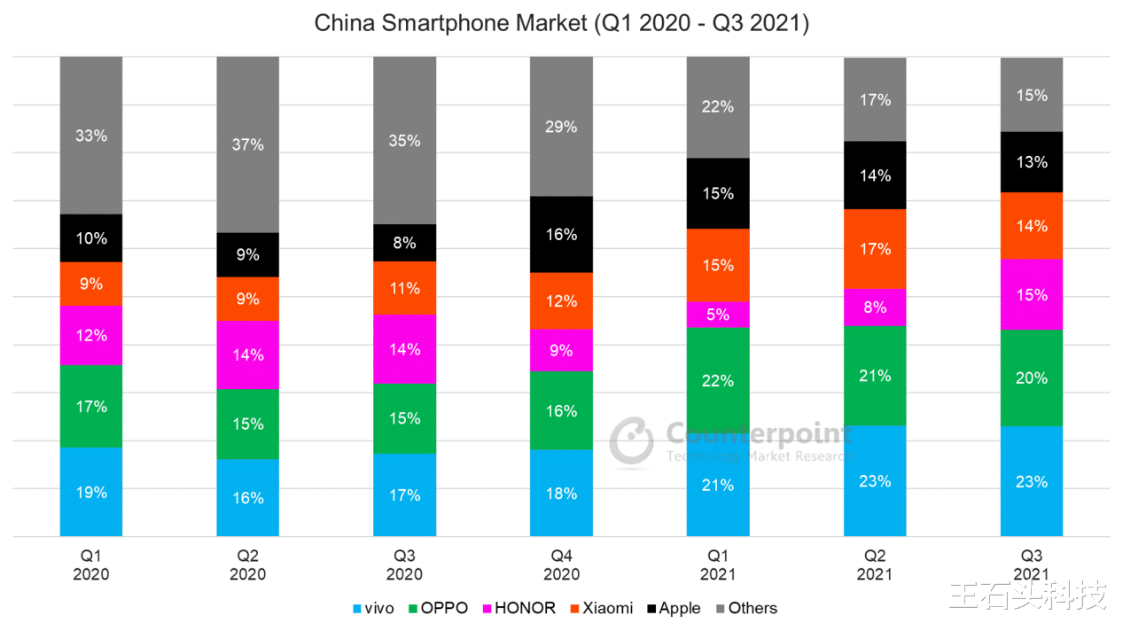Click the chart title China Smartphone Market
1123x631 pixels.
coord(561,24)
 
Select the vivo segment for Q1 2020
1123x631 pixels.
coord(91,492)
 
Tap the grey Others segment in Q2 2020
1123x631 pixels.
coord(248,144)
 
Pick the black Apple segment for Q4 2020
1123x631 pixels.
coord(561,234)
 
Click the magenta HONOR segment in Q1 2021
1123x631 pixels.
coord(718,315)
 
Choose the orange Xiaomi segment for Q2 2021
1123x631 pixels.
coord(875,249)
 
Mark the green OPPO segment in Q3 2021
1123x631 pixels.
coord(1032,378)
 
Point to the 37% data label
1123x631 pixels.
coord(248,144)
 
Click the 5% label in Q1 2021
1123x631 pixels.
coord(718,315)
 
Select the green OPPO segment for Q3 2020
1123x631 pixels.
coord(405,418)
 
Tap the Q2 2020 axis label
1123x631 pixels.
coord(248,565)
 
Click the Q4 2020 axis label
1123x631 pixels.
coord(561,565)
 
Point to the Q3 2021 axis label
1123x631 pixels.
coord(1032,565)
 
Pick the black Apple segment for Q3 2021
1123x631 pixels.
coord(1032,162)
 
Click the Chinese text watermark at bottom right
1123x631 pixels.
coord(1028,596)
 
